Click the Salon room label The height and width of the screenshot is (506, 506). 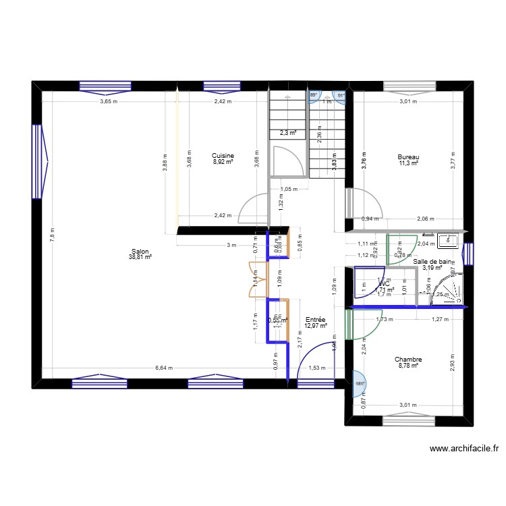[x=141, y=250]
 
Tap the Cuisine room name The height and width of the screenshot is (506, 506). [x=223, y=155]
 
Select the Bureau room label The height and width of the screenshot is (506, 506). [x=408, y=157]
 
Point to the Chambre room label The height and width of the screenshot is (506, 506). [x=408, y=360]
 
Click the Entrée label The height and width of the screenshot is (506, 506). [x=316, y=320]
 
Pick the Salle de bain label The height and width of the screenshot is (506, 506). [x=433, y=261]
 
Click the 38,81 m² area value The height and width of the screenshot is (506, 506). [x=141, y=257]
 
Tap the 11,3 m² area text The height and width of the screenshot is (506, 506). [x=408, y=163]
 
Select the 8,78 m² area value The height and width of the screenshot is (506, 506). [x=408, y=366]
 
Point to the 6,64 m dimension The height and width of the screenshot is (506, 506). [x=164, y=368]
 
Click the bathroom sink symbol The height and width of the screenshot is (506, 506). [x=447, y=240]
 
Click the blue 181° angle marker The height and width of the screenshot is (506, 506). [x=359, y=383]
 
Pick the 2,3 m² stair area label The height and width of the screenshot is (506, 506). [x=288, y=133]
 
